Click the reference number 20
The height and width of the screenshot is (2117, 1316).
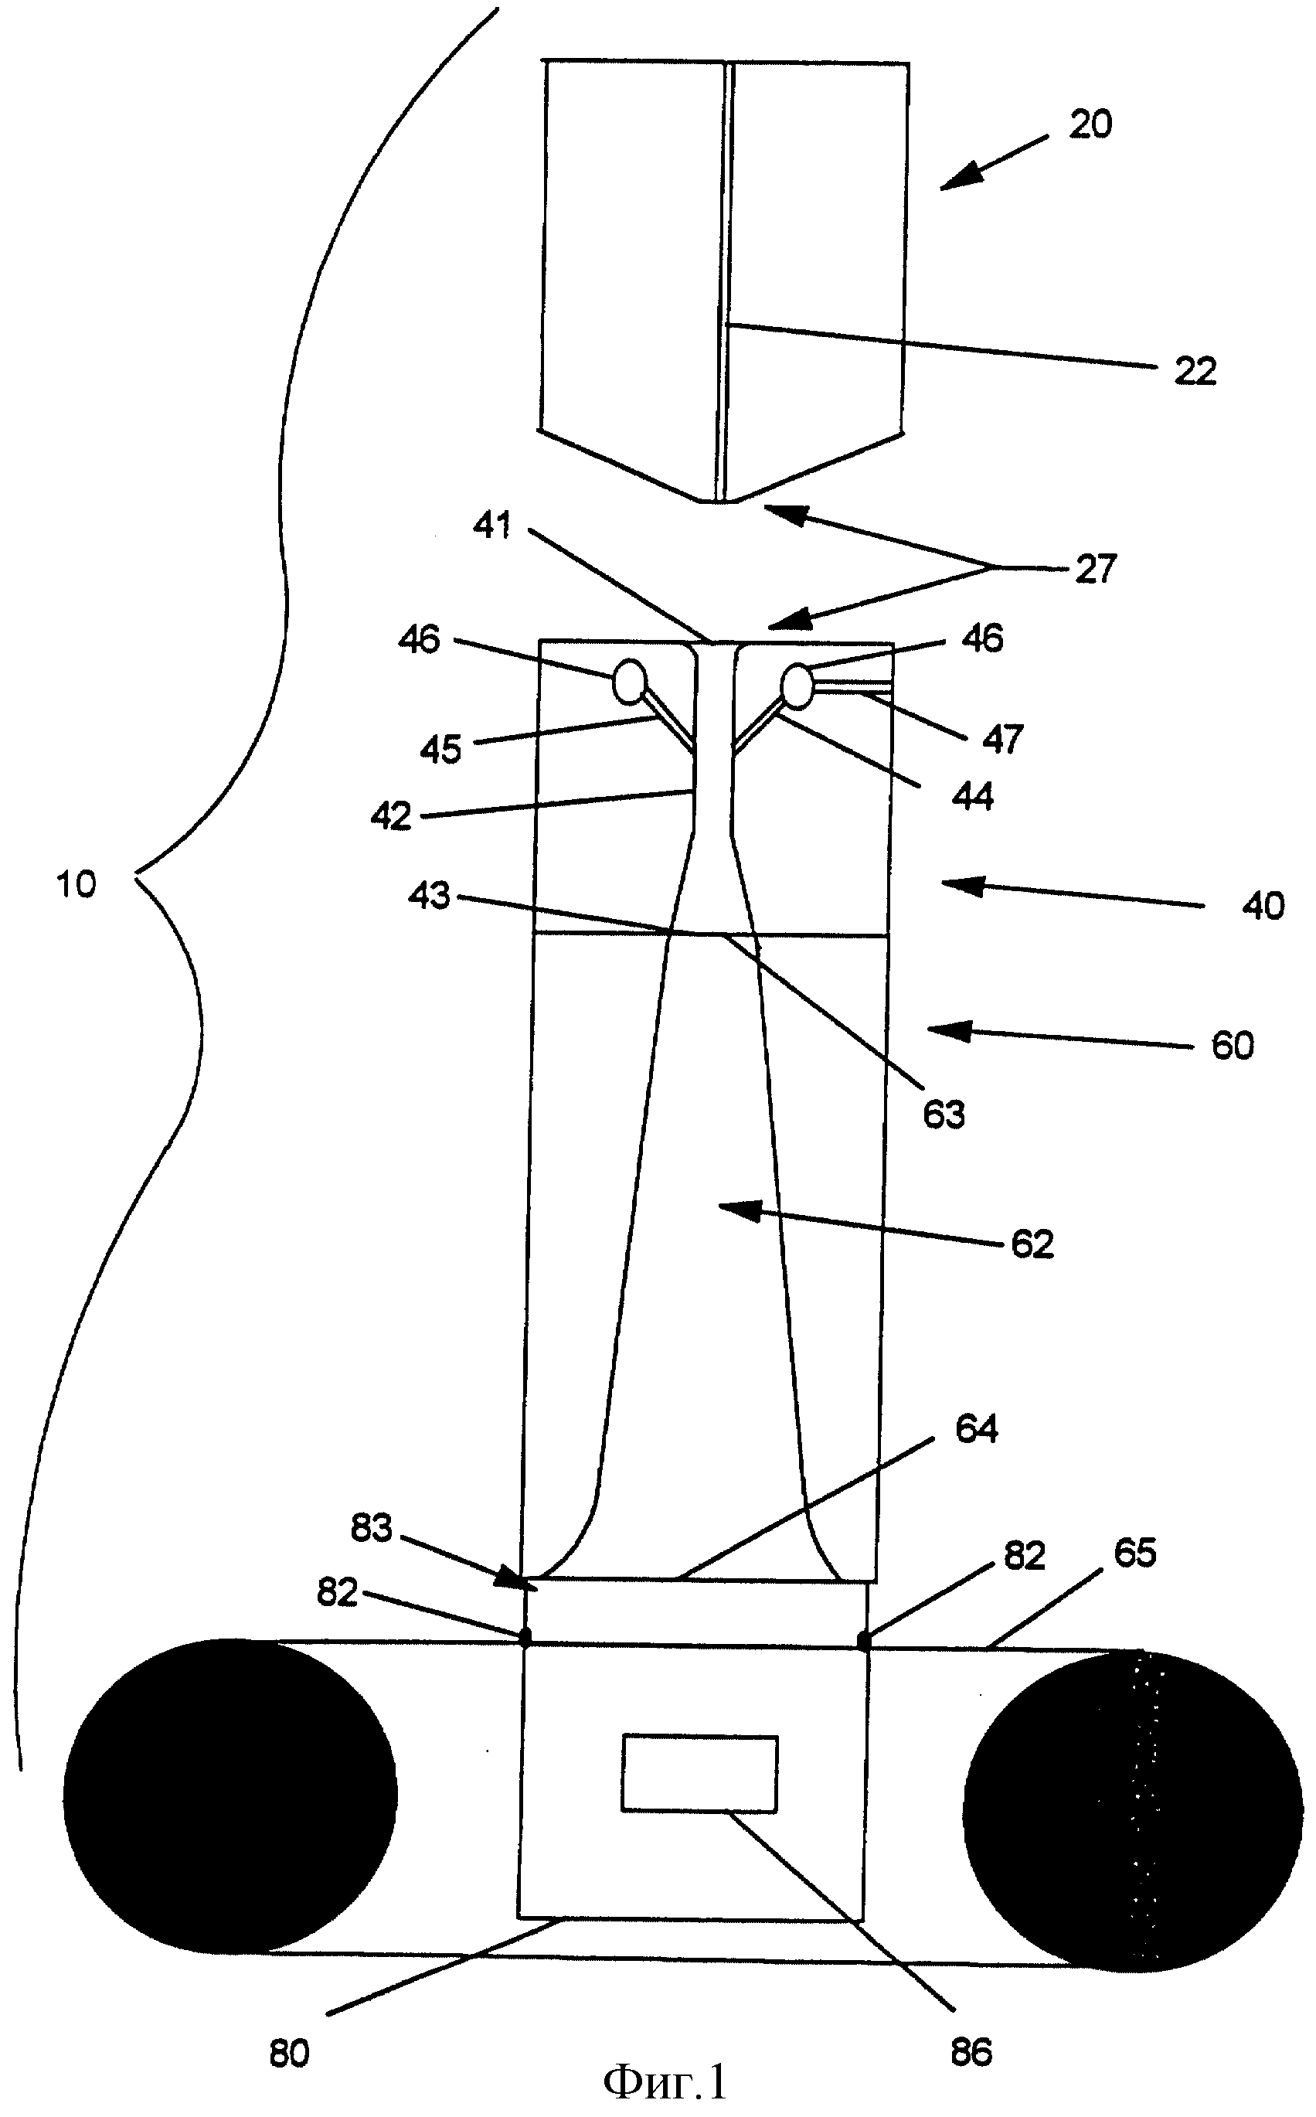click(1090, 124)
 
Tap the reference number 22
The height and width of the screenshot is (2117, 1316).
click(1195, 372)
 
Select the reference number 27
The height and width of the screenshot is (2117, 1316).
click(1095, 570)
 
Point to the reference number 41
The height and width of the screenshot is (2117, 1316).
click(492, 525)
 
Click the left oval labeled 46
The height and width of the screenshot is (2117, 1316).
click(630, 682)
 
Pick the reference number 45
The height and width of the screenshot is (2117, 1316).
click(440, 750)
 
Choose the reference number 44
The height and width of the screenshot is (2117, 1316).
click(972, 795)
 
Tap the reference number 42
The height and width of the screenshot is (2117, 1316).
click(391, 816)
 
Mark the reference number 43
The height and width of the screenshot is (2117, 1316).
click(429, 895)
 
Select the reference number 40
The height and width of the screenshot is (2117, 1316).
click(1263, 906)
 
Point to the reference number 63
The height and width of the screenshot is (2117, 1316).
click(944, 1115)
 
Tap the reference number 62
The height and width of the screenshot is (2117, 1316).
click(1033, 1244)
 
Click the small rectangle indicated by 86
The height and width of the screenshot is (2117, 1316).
click(700, 1773)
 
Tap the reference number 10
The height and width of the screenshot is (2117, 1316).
click(76, 884)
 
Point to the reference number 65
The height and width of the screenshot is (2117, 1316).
click(1135, 1553)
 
